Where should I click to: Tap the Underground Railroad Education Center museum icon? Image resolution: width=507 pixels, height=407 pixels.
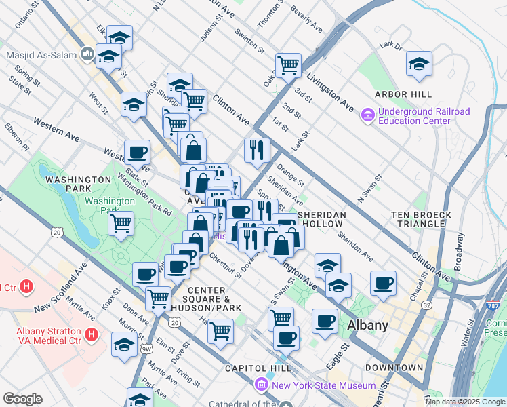pyautogui.click(x=368, y=116)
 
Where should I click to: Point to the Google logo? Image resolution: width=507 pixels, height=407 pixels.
pyautogui.click(x=22, y=399)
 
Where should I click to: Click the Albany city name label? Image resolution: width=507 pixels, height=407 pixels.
pyautogui.click(x=367, y=325)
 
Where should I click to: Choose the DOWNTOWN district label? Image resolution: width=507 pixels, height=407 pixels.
pyautogui.click(x=394, y=368)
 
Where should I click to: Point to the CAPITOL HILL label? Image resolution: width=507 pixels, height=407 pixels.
pyautogui.click(x=258, y=368)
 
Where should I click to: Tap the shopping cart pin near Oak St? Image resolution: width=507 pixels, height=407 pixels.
pyautogui.click(x=288, y=66)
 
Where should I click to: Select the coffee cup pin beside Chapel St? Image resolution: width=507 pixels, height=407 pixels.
pyautogui.click(x=384, y=282)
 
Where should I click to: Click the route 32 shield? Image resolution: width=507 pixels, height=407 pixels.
pyautogui.click(x=426, y=306)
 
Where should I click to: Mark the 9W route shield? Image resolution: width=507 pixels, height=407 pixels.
pyautogui.click(x=146, y=349)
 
